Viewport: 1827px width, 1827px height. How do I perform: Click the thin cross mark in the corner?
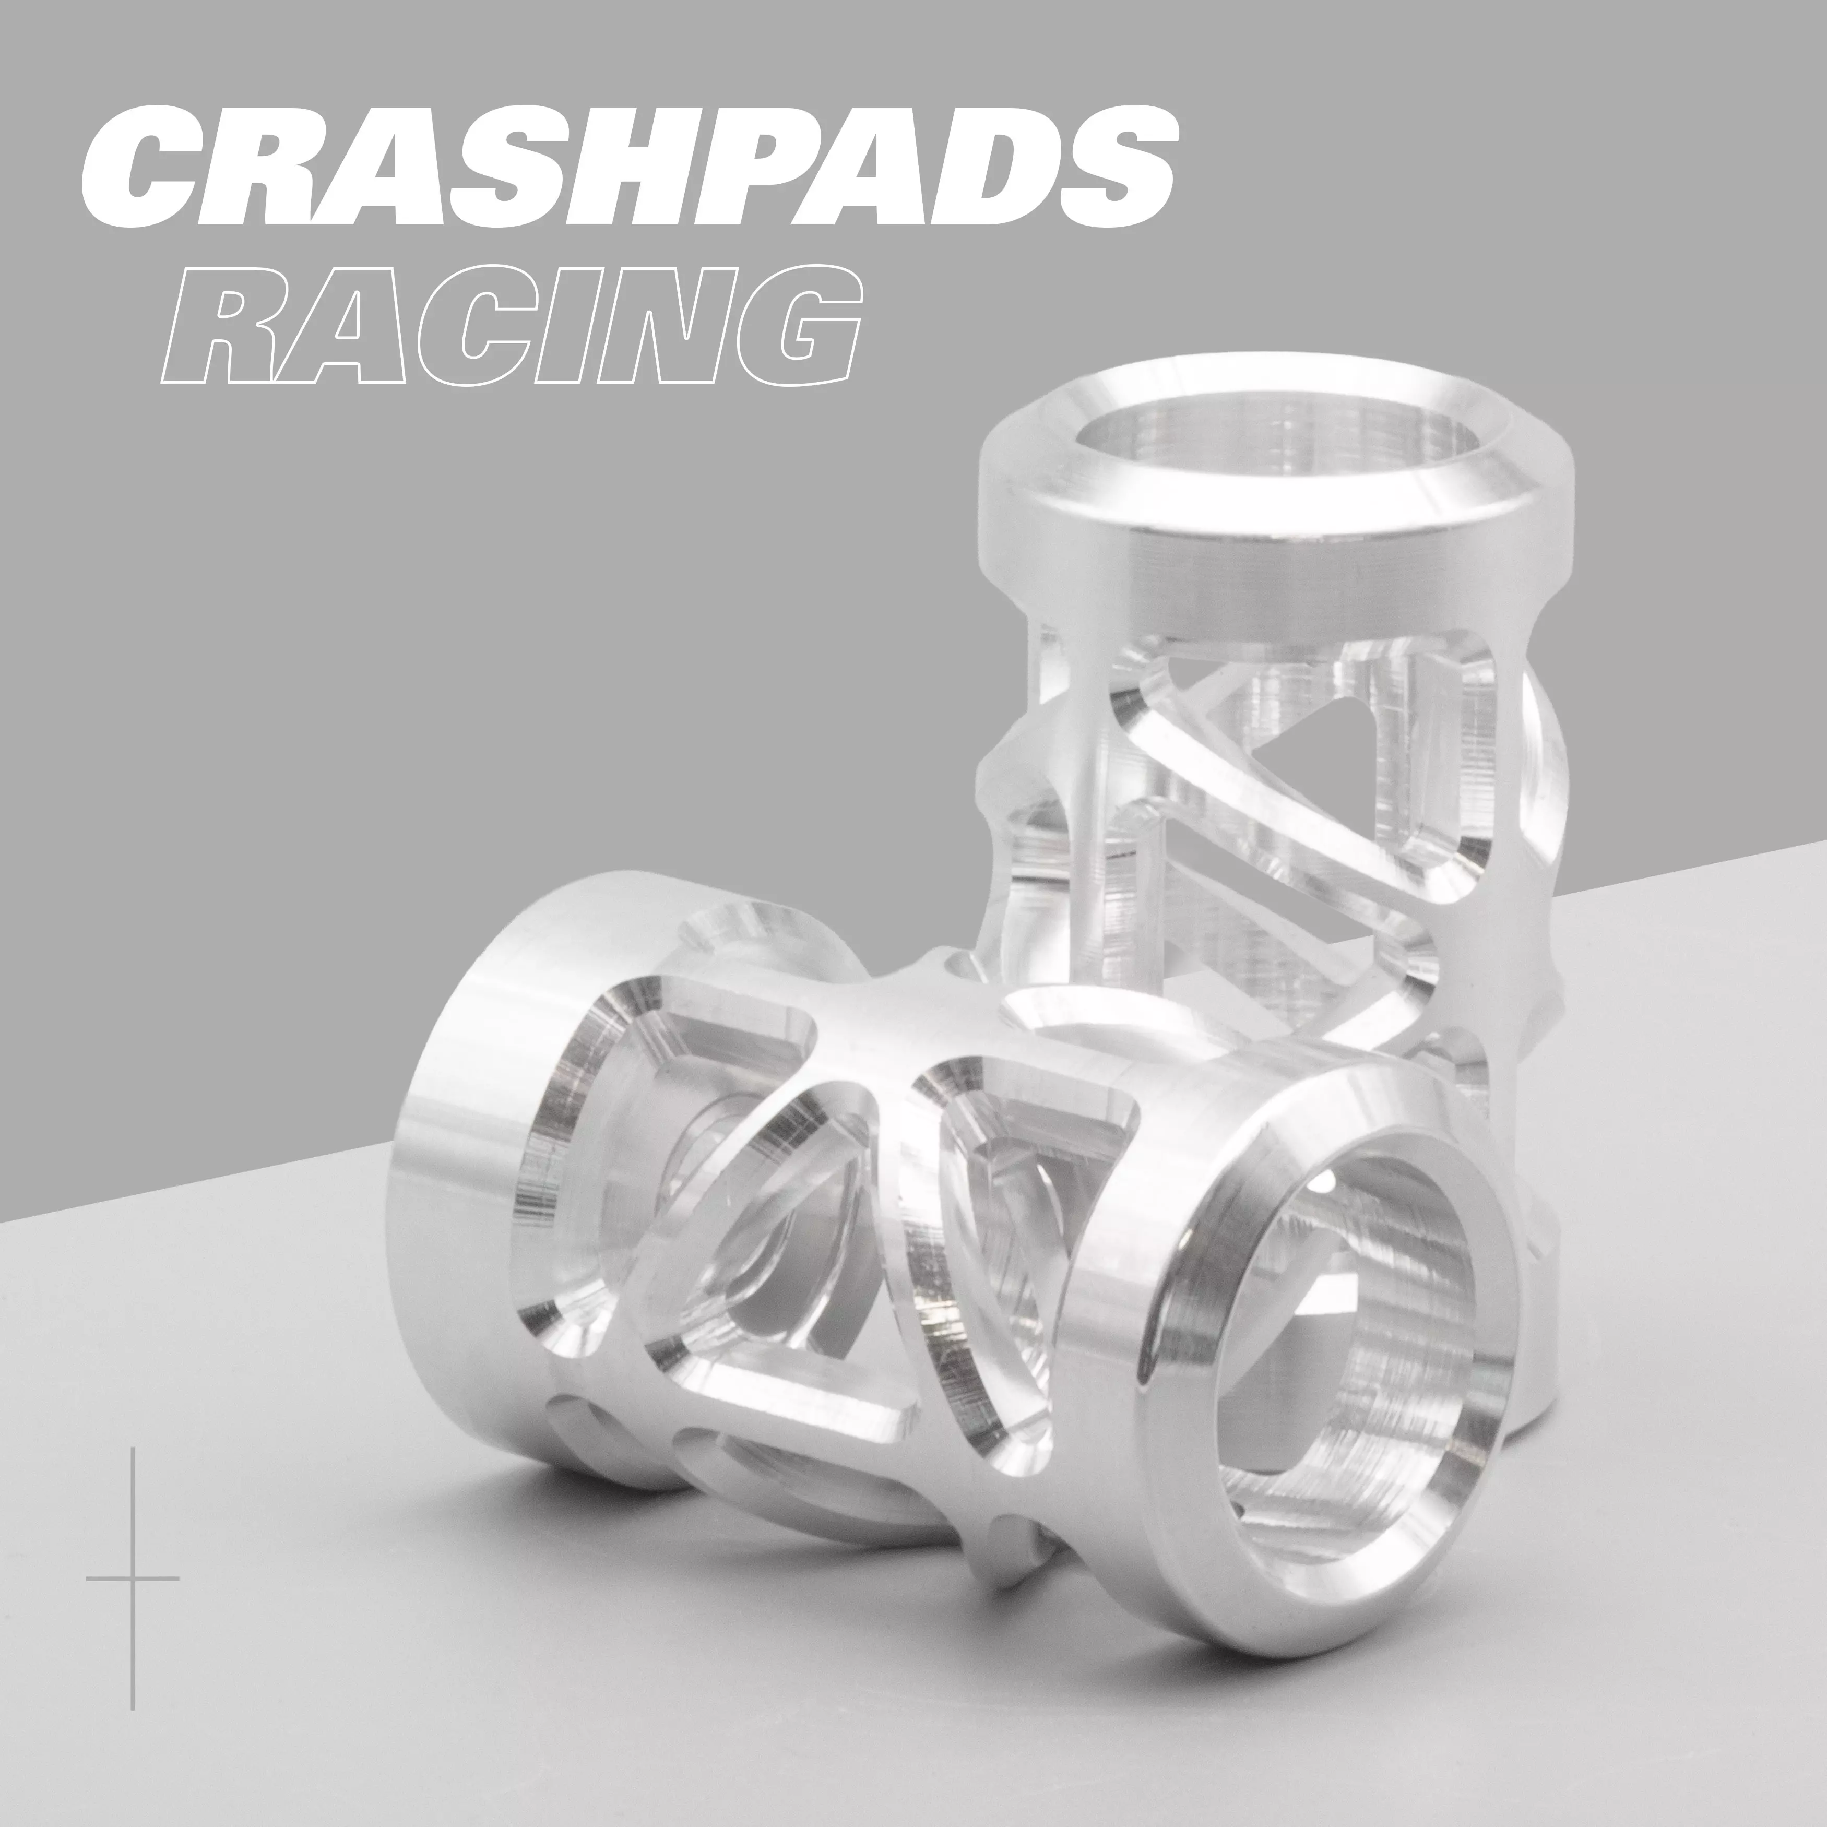pyautogui.click(x=133, y=1579)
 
